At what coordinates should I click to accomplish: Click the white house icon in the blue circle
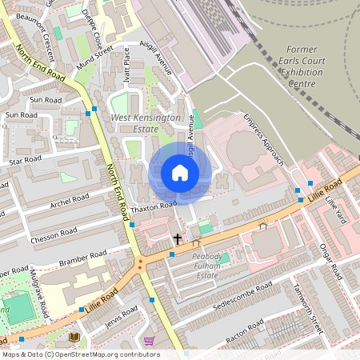[x=180, y=172]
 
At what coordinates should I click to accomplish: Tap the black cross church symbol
[x=178, y=238]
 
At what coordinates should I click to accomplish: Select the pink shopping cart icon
[x=149, y=341]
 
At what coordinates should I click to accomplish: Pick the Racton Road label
[x=245, y=334]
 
